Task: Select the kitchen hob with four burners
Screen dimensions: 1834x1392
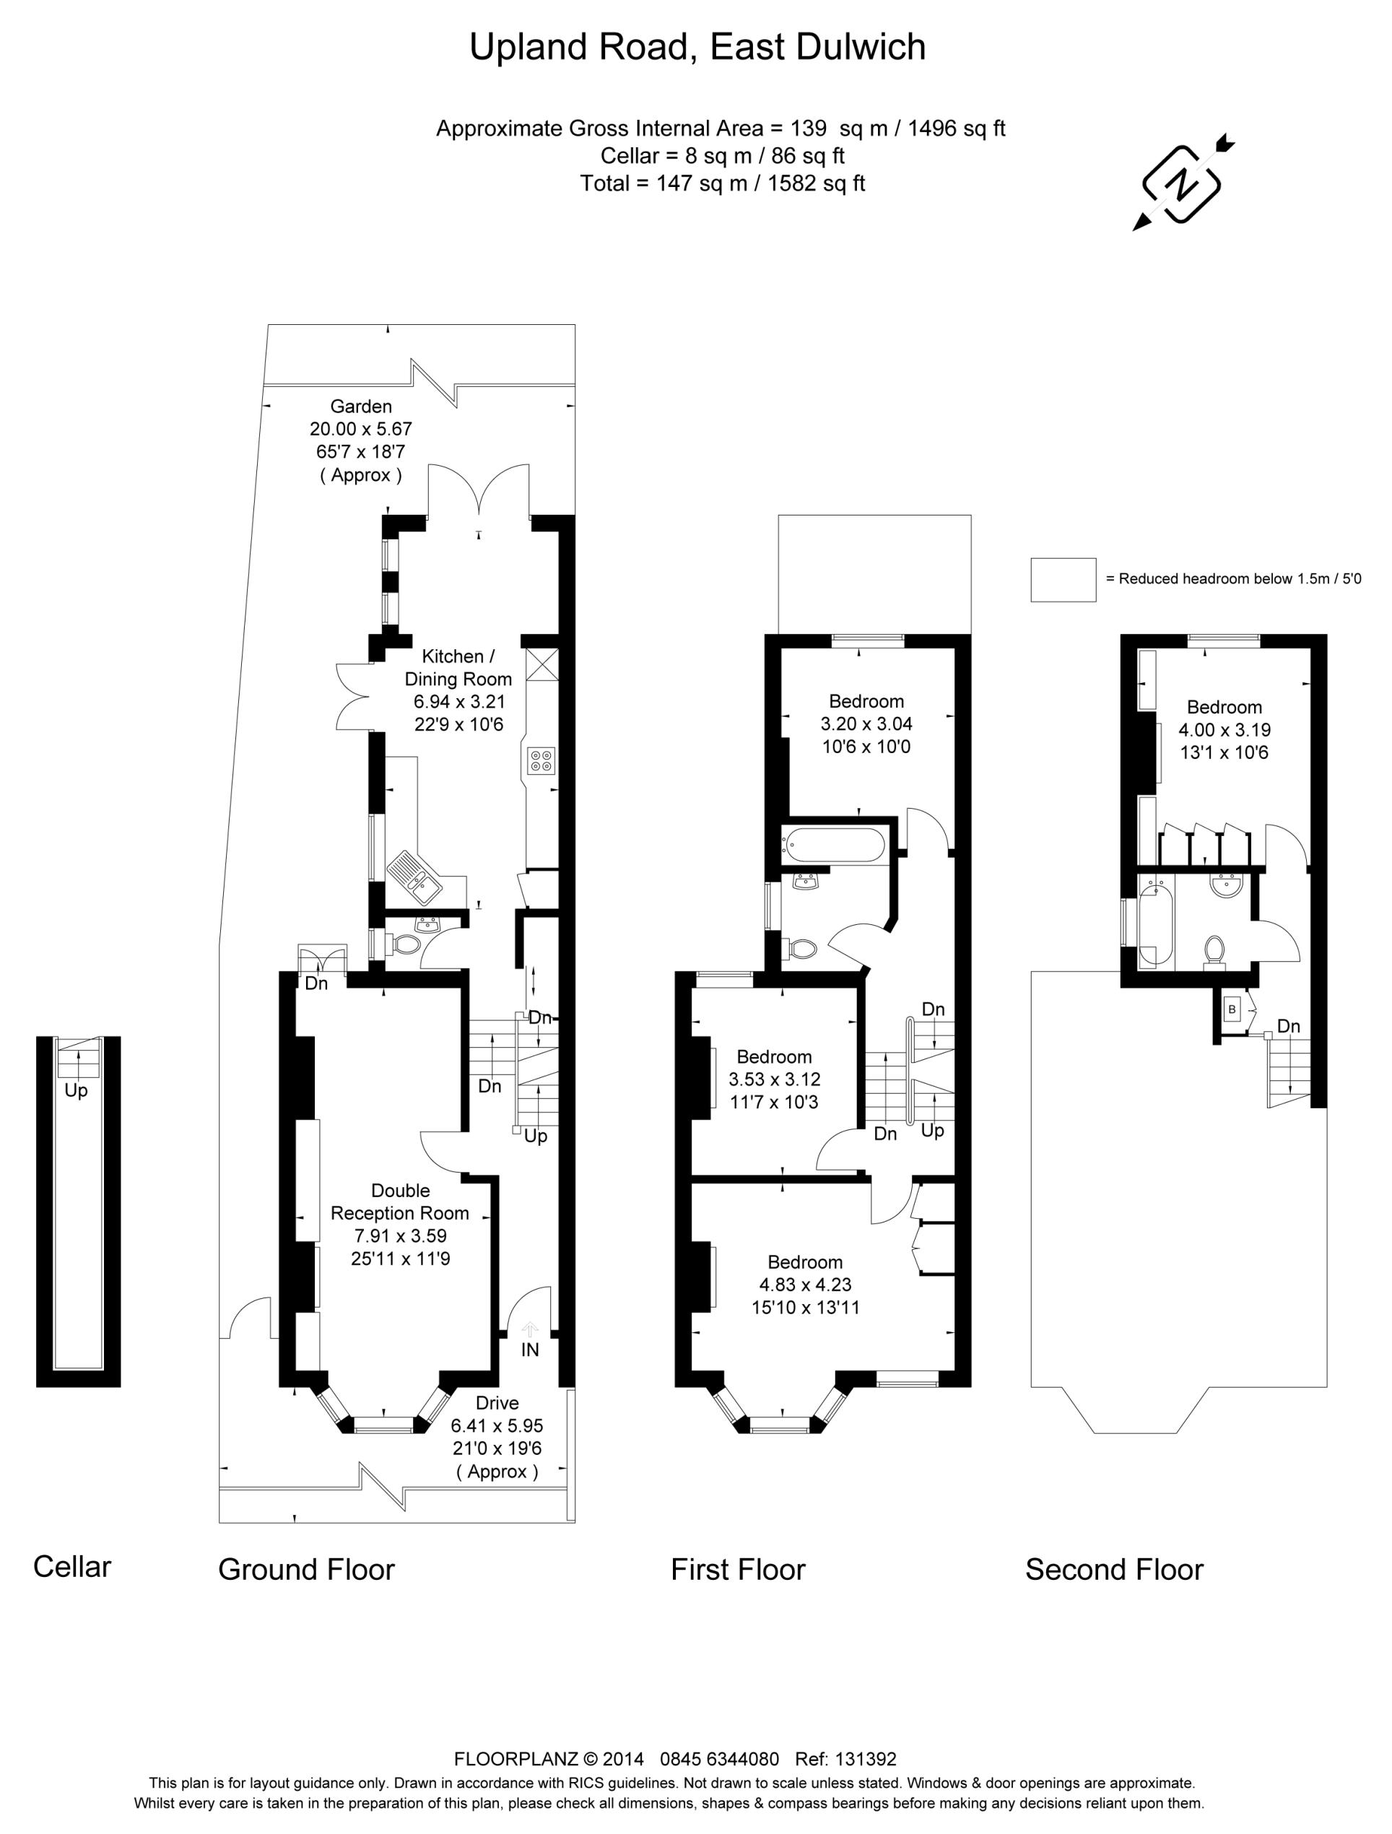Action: pyautogui.click(x=541, y=760)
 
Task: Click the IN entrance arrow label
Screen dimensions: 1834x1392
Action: pyautogui.click(x=530, y=1349)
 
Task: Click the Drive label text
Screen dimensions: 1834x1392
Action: pyautogui.click(x=497, y=1403)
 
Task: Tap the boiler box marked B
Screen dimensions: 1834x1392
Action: pyautogui.click(x=1232, y=1010)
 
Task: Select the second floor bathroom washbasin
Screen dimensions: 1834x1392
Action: pyautogui.click(x=1225, y=887)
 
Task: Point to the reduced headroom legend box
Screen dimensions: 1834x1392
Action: pyautogui.click(x=1063, y=579)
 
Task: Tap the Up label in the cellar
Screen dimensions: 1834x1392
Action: pyautogui.click(x=77, y=1090)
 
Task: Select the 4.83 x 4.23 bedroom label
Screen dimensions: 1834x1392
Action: pyautogui.click(x=805, y=1285)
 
